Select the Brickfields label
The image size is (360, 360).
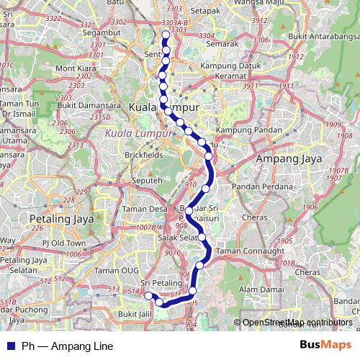(x=126, y=155)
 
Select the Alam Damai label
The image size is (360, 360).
(x=259, y=289)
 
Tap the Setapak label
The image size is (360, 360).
(x=205, y=12)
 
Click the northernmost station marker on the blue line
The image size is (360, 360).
(x=166, y=35)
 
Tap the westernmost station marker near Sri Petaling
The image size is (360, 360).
(x=148, y=297)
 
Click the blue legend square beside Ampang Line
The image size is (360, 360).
(x=10, y=346)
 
